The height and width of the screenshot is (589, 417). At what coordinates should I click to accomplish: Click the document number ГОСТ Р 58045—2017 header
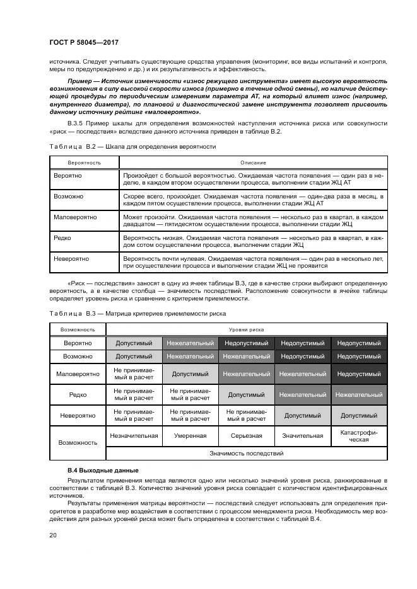tap(84, 42)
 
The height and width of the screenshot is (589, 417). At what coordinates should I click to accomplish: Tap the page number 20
tap(53, 535)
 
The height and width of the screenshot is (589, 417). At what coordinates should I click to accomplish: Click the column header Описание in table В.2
tap(252, 163)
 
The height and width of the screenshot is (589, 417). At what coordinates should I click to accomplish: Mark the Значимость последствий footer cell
tap(247, 453)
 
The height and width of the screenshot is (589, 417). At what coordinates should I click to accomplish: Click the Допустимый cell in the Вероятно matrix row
tap(134, 343)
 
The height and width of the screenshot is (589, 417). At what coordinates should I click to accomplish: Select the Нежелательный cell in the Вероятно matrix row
tap(190, 343)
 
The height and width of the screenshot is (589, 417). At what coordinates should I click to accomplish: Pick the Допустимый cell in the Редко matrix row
tap(246, 394)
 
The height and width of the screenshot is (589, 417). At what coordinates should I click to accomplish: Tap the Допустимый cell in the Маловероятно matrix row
tap(190, 374)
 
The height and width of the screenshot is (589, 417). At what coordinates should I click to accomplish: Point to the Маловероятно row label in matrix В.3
tap(78, 374)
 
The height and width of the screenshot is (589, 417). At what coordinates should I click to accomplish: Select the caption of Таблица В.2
tap(132, 146)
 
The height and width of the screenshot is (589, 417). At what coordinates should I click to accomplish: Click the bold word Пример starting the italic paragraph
tap(80, 83)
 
